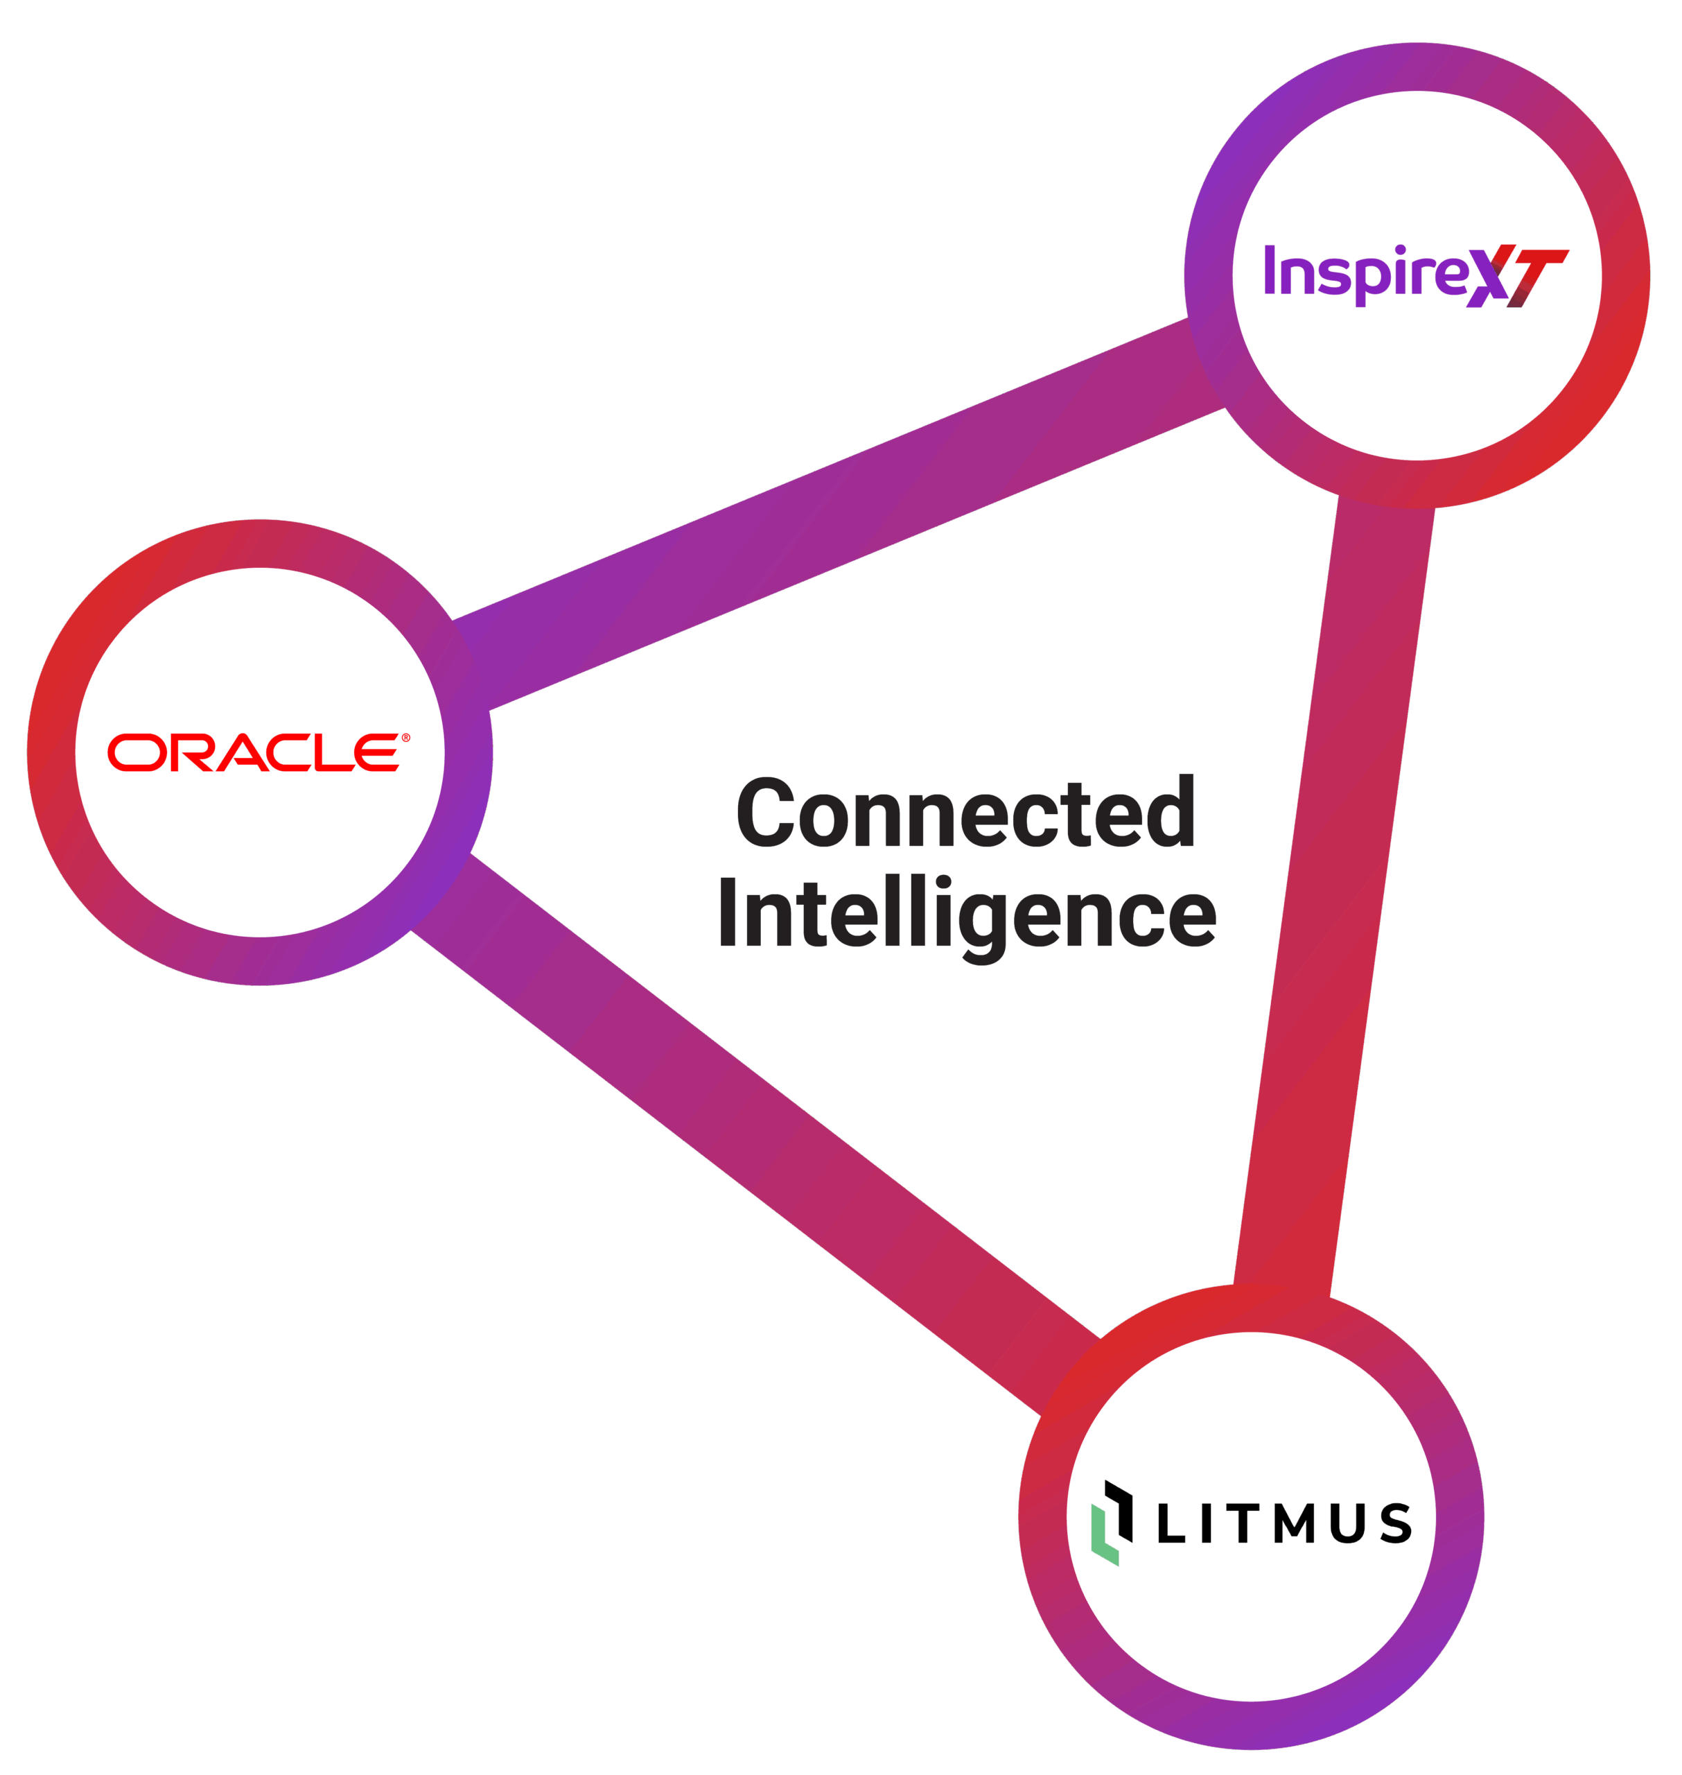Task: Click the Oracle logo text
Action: coord(254,752)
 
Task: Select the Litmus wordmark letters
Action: coord(1285,1523)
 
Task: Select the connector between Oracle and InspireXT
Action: coord(839,514)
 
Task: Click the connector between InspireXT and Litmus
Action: coord(1334,897)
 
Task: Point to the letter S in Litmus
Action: coord(1396,1524)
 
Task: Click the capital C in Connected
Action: coord(765,812)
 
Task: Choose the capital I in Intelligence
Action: coord(728,912)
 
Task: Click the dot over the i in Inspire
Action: coord(1401,250)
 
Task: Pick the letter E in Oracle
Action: coord(376,752)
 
